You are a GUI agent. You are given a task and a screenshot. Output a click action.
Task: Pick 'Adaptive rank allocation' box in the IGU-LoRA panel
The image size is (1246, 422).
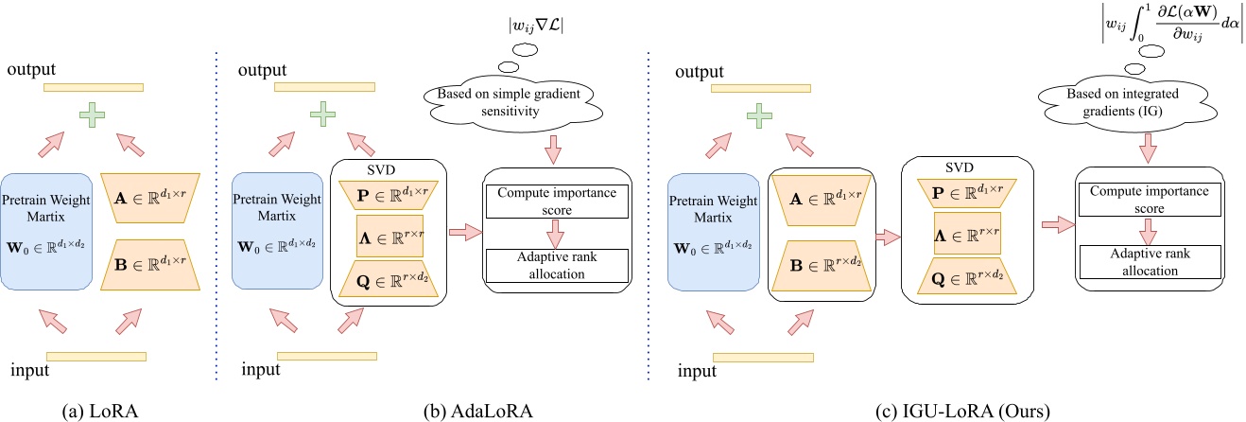[1148, 263]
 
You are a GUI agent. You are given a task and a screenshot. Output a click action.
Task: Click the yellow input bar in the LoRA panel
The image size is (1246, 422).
[95, 357]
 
